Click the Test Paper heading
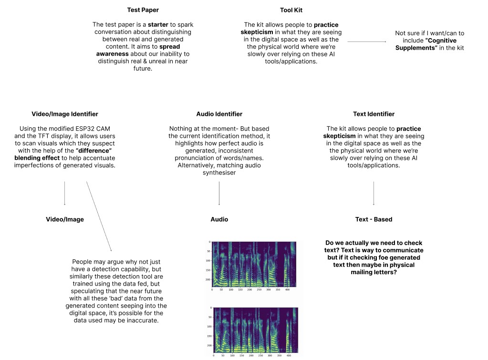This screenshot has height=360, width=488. [x=143, y=10]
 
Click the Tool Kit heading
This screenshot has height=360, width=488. [x=291, y=10]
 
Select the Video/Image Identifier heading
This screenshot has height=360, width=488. [x=65, y=114]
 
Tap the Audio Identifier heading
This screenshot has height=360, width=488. [x=219, y=114]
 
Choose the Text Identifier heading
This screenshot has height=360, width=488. [x=374, y=114]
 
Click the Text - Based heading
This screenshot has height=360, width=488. [x=374, y=219]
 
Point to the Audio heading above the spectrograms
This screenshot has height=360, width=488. [x=219, y=219]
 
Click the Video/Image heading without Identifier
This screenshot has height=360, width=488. [x=65, y=219]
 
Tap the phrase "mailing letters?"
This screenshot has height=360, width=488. [x=374, y=272]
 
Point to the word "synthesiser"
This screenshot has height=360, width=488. [x=219, y=173]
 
